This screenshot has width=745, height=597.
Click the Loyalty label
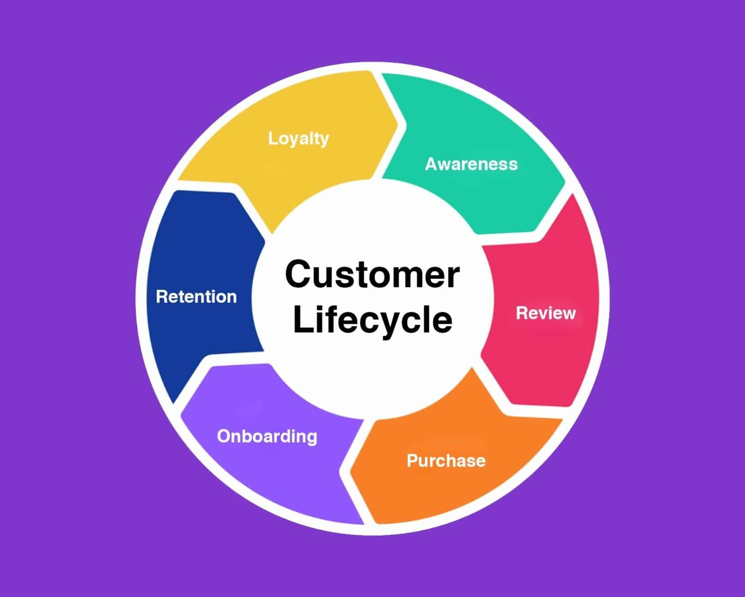click(x=298, y=138)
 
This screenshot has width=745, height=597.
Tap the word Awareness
click(x=471, y=164)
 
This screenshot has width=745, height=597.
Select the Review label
click(x=546, y=313)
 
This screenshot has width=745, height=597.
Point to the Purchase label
click(x=446, y=461)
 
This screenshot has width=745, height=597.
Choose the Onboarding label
click(x=267, y=436)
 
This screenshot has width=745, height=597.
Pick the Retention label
click(x=196, y=297)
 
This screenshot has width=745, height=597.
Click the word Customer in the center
click(x=372, y=274)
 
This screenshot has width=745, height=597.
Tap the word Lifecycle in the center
click(x=372, y=319)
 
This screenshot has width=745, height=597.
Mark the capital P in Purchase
click(x=412, y=461)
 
